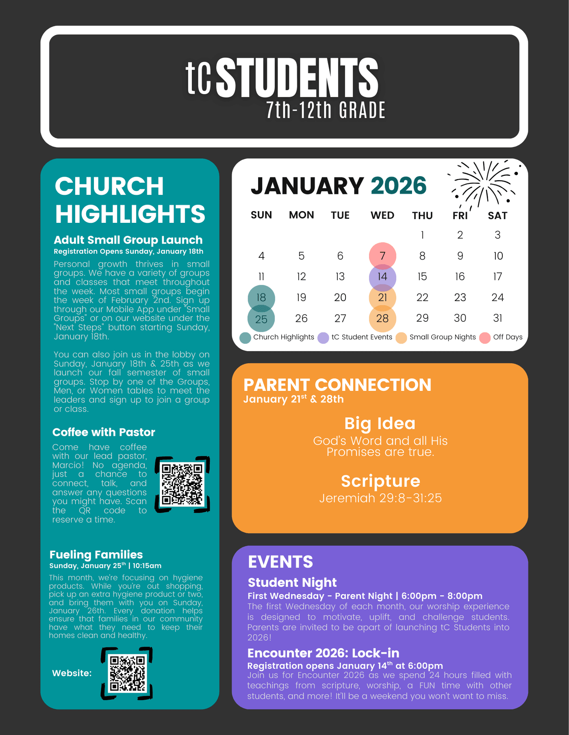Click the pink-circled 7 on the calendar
pyautogui.click(x=382, y=256)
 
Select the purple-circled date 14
pyautogui.click(x=382, y=277)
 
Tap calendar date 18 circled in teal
pyautogui.click(x=261, y=297)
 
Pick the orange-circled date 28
pyautogui.click(x=382, y=318)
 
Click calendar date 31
pyautogui.click(x=497, y=318)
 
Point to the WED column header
pyautogui.click(x=382, y=215)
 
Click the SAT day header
pyautogui.click(x=497, y=216)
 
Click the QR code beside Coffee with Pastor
pyautogui.click(x=182, y=484)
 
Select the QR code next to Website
pyautogui.click(x=127, y=673)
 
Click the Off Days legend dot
pyautogui.click(x=485, y=338)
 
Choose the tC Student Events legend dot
pyautogui.click(x=323, y=338)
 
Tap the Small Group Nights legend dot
pyautogui.click(x=401, y=338)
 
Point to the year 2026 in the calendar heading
pyautogui.click(x=398, y=186)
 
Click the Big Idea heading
pyautogui.click(x=380, y=423)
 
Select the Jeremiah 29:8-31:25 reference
pyautogui.click(x=380, y=498)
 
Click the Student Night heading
pyautogui.click(x=292, y=582)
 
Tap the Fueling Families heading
pyautogui.click(x=96, y=554)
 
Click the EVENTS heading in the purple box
pyautogui.click(x=280, y=562)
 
